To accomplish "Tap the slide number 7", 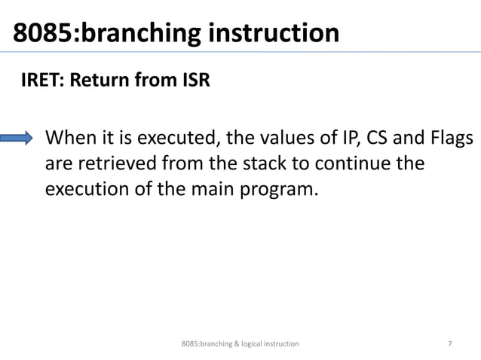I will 450,343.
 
